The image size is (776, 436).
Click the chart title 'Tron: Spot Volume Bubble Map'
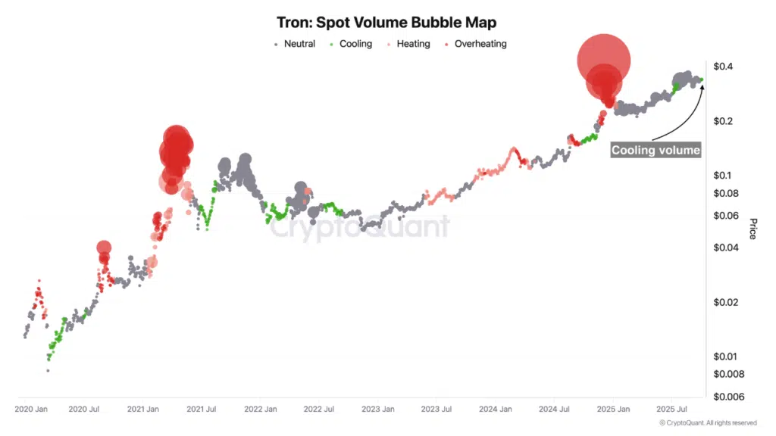point(387,23)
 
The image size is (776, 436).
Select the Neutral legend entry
point(294,44)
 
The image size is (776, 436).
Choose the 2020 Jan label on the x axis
point(32,410)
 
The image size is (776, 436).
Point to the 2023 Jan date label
point(377,410)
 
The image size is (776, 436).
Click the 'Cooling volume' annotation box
point(656,150)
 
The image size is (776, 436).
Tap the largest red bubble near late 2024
point(603,61)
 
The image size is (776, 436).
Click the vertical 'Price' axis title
point(753,229)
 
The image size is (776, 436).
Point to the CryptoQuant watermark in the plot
point(360,228)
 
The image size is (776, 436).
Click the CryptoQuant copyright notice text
point(708,422)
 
